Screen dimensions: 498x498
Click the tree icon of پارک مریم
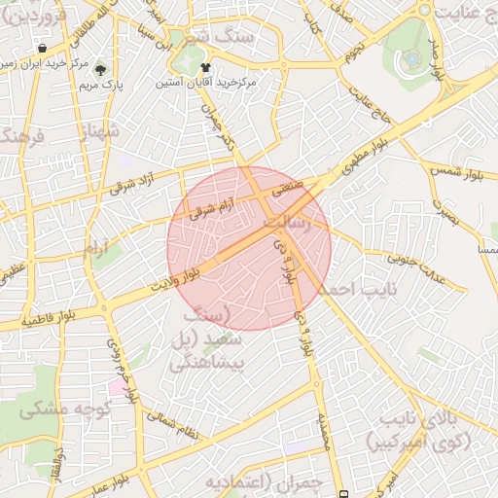[x=100, y=68]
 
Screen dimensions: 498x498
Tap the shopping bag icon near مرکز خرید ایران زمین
[x=42, y=48]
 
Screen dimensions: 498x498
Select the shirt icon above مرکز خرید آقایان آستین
[x=206, y=67]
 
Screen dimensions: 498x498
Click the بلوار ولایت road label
[x=174, y=276]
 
